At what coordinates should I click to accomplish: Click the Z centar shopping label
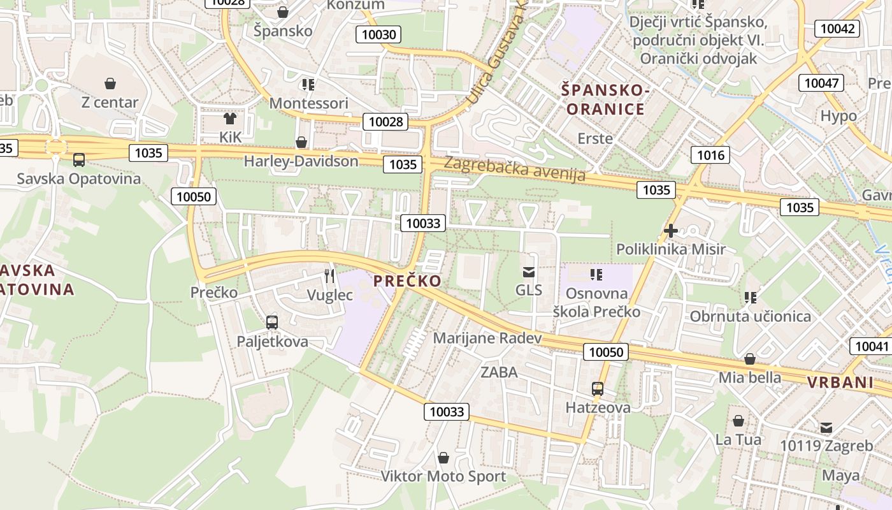pyautogui.click(x=110, y=102)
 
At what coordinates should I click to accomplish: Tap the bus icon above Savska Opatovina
pyautogui.click(x=79, y=160)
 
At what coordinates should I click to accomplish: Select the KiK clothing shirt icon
pyautogui.click(x=230, y=118)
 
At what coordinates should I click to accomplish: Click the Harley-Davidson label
pyautogui.click(x=301, y=161)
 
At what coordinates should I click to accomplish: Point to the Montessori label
pyautogui.click(x=309, y=103)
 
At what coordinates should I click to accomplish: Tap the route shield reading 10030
pyautogui.click(x=379, y=34)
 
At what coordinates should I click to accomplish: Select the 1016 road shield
pyautogui.click(x=710, y=155)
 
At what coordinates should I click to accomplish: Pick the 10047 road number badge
pyautogui.click(x=823, y=83)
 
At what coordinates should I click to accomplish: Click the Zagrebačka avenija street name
pyautogui.click(x=514, y=168)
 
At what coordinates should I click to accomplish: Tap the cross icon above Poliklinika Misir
pyautogui.click(x=670, y=231)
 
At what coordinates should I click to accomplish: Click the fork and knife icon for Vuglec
pyautogui.click(x=329, y=276)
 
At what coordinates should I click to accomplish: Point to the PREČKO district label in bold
pyautogui.click(x=407, y=281)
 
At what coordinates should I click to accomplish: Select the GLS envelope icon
pyautogui.click(x=528, y=272)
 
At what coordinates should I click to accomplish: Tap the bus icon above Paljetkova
pyautogui.click(x=272, y=323)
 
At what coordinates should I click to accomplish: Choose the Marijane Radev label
pyautogui.click(x=487, y=338)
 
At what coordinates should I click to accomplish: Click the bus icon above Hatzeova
pyautogui.click(x=598, y=389)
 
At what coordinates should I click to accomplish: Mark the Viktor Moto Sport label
pyautogui.click(x=443, y=476)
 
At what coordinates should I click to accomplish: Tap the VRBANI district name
pyautogui.click(x=840, y=382)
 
